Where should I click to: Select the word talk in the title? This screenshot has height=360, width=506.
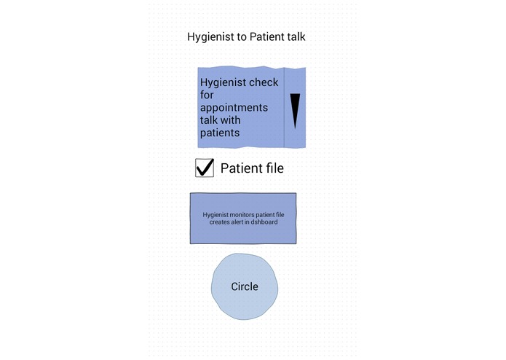click(296, 36)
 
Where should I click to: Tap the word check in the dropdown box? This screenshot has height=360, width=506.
click(264, 82)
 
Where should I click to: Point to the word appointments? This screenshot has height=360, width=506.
click(234, 108)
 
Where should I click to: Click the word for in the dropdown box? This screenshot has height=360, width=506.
click(207, 95)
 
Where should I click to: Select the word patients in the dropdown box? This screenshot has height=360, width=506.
click(220, 133)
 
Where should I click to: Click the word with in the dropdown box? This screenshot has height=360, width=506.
click(229, 120)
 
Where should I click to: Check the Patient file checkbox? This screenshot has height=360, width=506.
click(205, 168)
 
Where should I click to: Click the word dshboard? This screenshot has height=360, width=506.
click(264, 222)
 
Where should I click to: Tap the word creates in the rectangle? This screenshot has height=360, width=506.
click(219, 222)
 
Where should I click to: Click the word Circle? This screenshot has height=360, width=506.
click(245, 286)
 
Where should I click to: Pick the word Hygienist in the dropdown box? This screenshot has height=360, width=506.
click(224, 83)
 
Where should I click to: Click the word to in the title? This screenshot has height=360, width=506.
click(242, 37)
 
